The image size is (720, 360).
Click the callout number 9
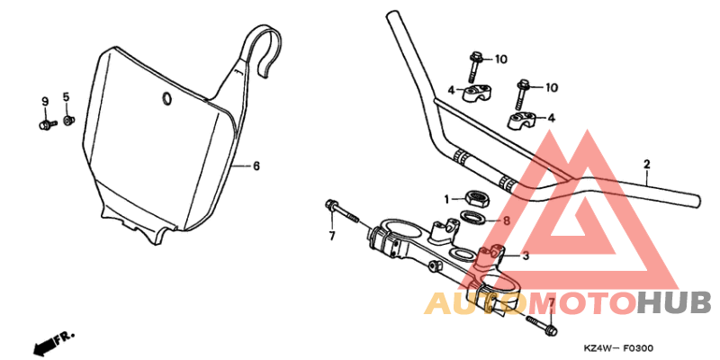(44, 100)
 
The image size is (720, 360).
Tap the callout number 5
(66, 96)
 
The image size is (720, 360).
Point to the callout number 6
(256, 166)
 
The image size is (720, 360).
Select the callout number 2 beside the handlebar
(646, 165)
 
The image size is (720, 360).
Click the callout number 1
(445, 198)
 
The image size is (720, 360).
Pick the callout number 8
(507, 220)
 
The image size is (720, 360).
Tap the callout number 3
(526, 256)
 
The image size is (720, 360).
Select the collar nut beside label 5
(68, 119)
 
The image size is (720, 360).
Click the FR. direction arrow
(50, 343)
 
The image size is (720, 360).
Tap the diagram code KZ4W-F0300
(618, 348)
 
